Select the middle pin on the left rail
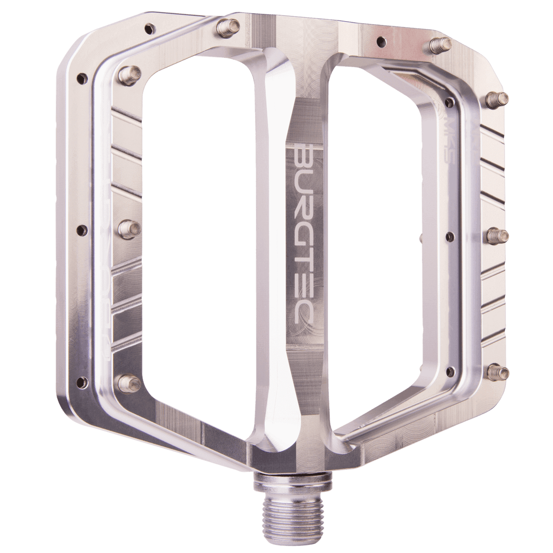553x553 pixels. point(129,226)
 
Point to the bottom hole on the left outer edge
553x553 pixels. point(83,381)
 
